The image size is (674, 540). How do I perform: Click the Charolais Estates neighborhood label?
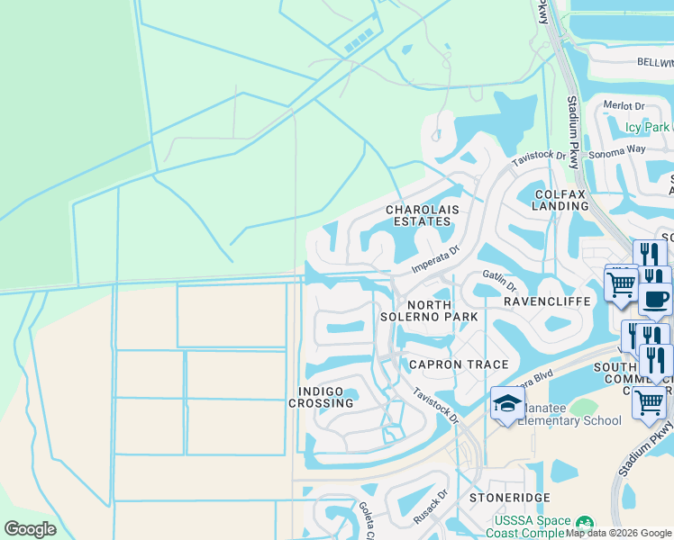(423, 215)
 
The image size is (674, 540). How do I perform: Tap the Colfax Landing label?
(561, 200)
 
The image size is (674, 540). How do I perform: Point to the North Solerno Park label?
(442, 311)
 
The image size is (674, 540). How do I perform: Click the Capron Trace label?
(459, 364)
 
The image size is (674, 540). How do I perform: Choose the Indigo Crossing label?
(321, 397)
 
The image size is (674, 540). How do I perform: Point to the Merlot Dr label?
(625, 105)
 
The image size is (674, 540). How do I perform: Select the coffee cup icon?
(656, 298)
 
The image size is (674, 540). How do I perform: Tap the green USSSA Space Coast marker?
(584, 522)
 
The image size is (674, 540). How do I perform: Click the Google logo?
(30, 529)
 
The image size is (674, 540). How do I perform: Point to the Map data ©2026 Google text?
(619, 533)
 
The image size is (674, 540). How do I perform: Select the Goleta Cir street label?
(367, 519)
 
